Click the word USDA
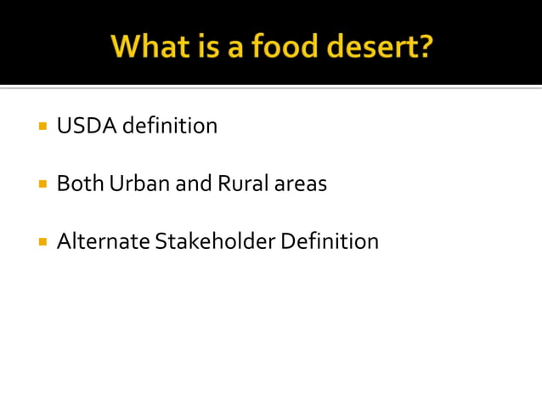point(86,127)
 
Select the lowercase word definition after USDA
point(170,127)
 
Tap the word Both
point(79,183)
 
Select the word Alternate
point(103,241)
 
